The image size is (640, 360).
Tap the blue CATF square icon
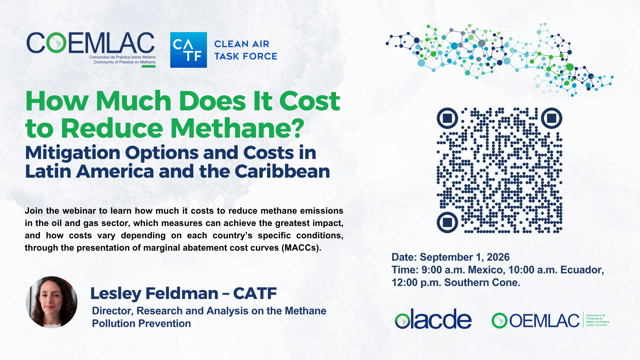188,50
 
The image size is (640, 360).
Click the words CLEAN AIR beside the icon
242,44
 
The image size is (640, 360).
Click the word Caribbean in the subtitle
282,171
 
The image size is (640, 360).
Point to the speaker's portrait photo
52,302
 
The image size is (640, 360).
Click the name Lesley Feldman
154,293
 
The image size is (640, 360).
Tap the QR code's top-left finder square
447,118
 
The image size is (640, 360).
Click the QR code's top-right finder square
552,118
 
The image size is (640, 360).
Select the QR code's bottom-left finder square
447,222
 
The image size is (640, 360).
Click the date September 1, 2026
465,257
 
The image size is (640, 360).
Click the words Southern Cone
482,282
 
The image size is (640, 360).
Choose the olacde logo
433,319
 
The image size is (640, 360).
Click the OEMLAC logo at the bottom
550,320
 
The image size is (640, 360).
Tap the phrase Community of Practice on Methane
124,62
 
